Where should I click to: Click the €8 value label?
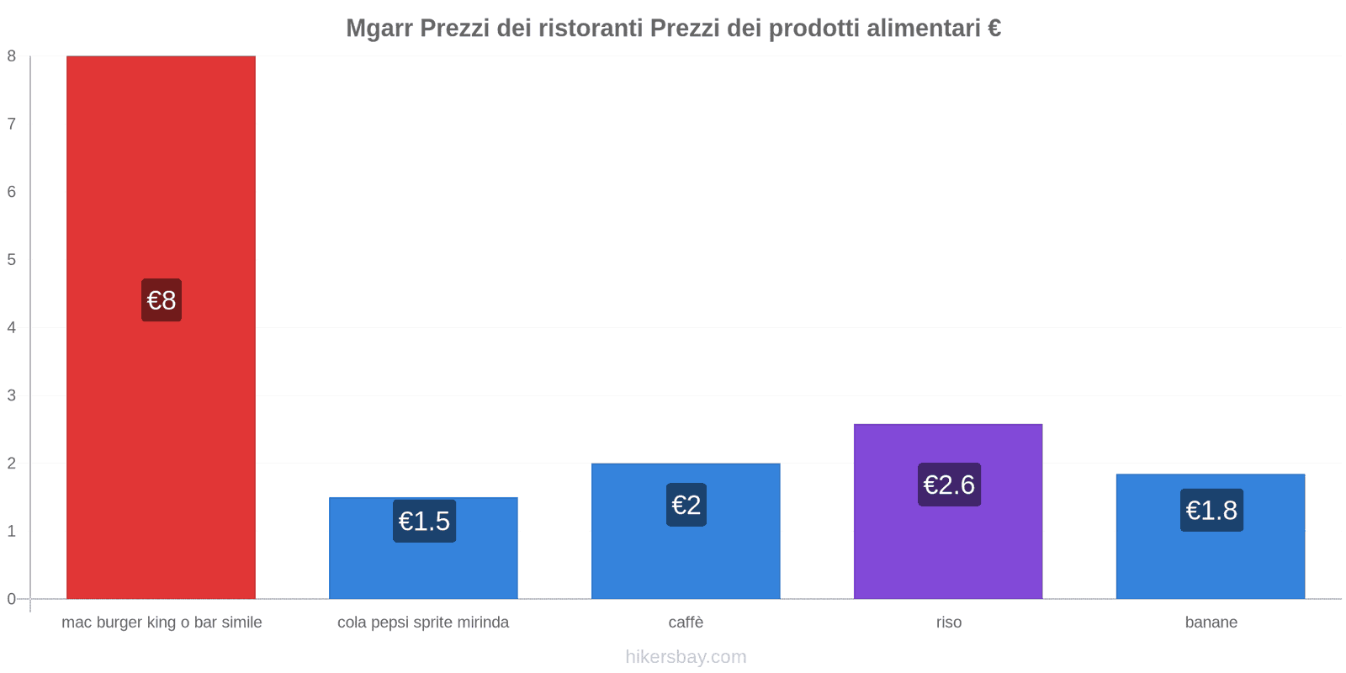pyautogui.click(x=162, y=300)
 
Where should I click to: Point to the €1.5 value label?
pyautogui.click(x=424, y=522)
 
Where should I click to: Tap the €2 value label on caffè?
pyautogui.click(x=686, y=505)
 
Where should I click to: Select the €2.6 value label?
pyautogui.click(x=949, y=485)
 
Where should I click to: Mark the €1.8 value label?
pyautogui.click(x=1211, y=510)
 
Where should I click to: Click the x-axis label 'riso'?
pyautogui.click(x=949, y=623)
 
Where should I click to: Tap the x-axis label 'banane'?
pyautogui.click(x=1211, y=623)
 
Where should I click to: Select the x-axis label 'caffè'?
pyautogui.click(x=686, y=623)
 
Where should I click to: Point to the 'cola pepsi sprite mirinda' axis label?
pyautogui.click(x=423, y=623)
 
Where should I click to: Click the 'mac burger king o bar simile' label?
pyautogui.click(x=162, y=623)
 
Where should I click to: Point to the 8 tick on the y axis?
pyautogui.click(x=12, y=56)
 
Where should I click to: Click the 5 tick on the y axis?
pyautogui.click(x=12, y=260)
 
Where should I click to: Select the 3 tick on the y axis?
pyautogui.click(x=12, y=395)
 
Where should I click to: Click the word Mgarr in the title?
pyautogui.click(x=379, y=29)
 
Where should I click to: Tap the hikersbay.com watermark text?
pyautogui.click(x=686, y=657)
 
